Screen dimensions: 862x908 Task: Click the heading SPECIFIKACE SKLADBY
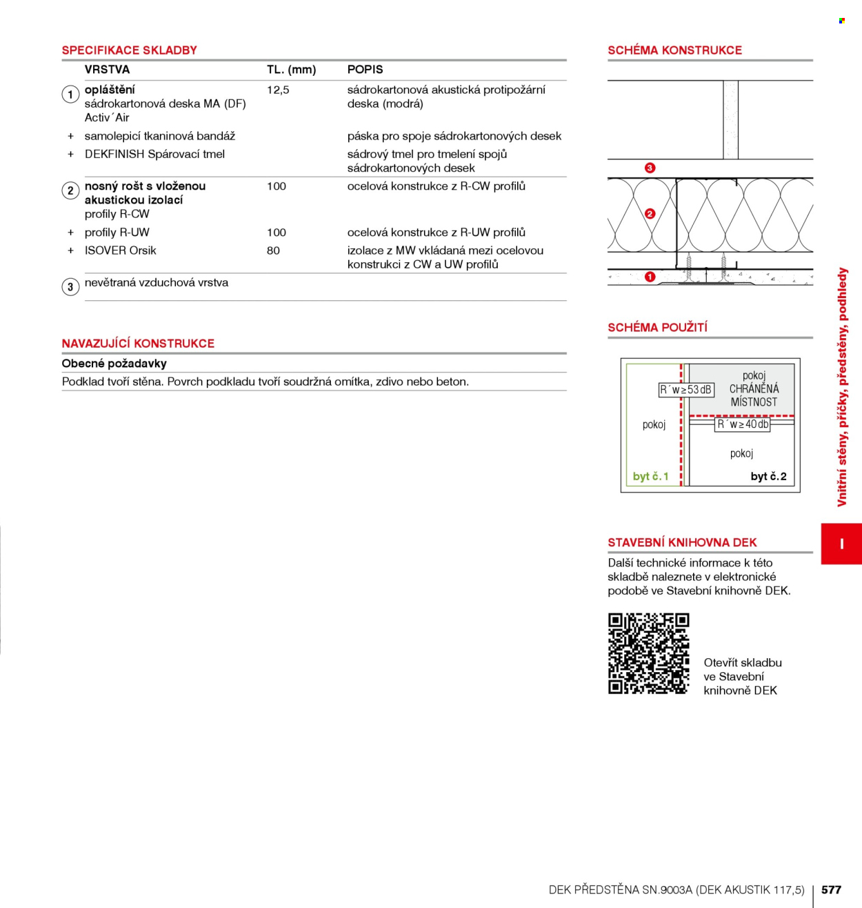pyautogui.click(x=129, y=50)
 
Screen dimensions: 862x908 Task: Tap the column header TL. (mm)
pyautogui.click(x=291, y=70)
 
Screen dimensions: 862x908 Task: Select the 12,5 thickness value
pyautogui.click(x=278, y=90)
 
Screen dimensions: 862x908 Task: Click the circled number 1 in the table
pyautogui.click(x=70, y=95)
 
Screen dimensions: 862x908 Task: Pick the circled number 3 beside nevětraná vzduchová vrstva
pyautogui.click(x=70, y=287)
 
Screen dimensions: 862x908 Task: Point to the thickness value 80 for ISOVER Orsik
pyautogui.click(x=273, y=250)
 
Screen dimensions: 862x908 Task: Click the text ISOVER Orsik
pyautogui.click(x=120, y=250)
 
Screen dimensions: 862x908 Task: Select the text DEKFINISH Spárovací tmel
pyautogui.click(x=154, y=155)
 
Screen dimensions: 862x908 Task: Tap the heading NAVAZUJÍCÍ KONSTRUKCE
pyautogui.click(x=138, y=343)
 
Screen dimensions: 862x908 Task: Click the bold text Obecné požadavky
pyautogui.click(x=114, y=364)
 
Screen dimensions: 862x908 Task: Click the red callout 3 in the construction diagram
pyautogui.click(x=650, y=168)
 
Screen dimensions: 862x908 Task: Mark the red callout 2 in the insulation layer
pyautogui.click(x=650, y=214)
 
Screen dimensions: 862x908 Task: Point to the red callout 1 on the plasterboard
pyautogui.click(x=650, y=277)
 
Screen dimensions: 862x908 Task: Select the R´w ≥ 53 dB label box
pyautogui.click(x=686, y=390)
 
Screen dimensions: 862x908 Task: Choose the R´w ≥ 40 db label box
pyautogui.click(x=743, y=424)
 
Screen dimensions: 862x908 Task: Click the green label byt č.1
pyautogui.click(x=650, y=476)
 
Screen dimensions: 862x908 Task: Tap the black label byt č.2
pyautogui.click(x=768, y=476)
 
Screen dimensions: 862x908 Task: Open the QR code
pyautogui.click(x=649, y=653)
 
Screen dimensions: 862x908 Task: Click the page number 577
pyautogui.click(x=831, y=889)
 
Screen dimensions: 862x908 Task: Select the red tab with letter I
pyautogui.click(x=841, y=544)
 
